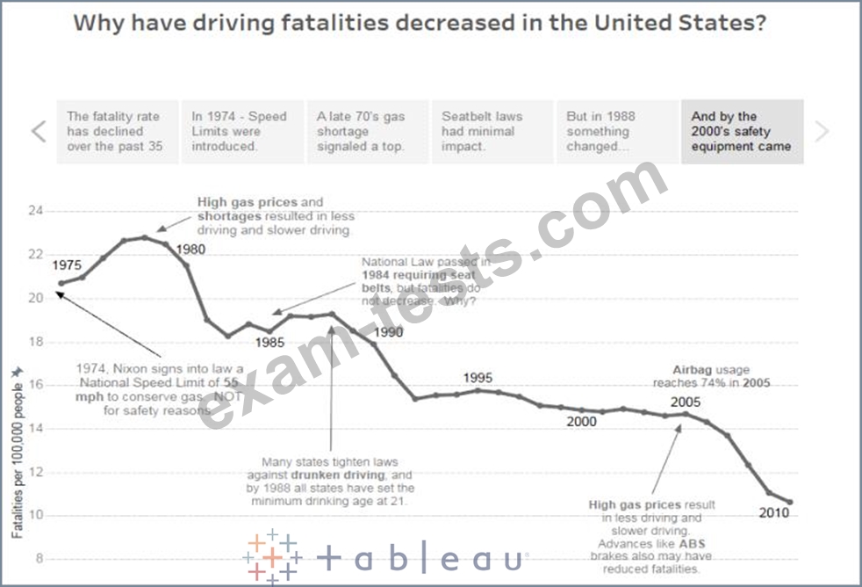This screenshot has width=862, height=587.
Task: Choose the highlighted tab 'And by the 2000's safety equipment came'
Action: pos(742,132)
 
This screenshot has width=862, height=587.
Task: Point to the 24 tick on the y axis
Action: pos(34,212)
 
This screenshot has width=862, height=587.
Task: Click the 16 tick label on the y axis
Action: pos(34,385)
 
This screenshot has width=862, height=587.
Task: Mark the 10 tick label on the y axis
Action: pos(34,515)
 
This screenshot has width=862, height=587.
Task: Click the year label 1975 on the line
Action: pos(68,265)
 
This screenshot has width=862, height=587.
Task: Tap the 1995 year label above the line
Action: pos(478,378)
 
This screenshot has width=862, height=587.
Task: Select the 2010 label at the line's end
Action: pos(774,513)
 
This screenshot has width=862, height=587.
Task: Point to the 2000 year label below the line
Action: pos(581,422)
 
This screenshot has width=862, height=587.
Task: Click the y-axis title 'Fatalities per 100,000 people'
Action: pos(17,453)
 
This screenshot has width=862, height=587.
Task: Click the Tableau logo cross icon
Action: pos(271,556)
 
